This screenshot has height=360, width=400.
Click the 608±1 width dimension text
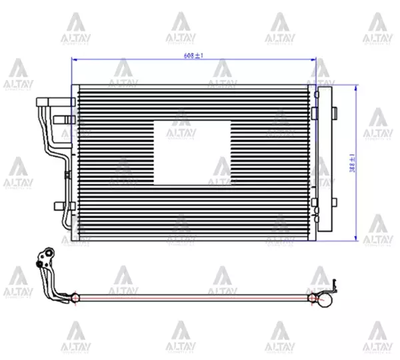click(193, 56)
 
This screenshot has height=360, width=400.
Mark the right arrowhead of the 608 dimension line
click(313, 60)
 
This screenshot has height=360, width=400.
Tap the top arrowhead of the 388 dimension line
click(357, 89)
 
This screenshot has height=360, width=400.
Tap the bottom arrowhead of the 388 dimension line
click(357, 238)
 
